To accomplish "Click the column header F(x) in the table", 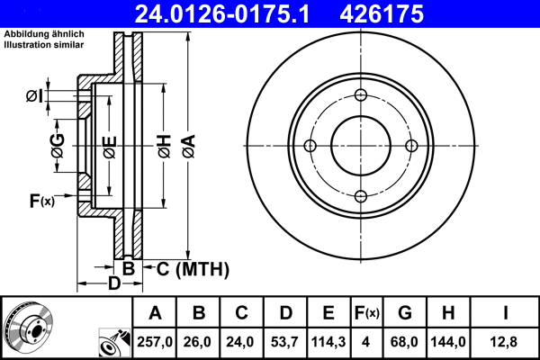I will (366, 313).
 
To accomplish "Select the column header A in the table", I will (155, 313).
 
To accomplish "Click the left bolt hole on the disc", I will (310, 147).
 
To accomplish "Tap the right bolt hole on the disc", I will (411, 147).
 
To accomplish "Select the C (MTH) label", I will (193, 269).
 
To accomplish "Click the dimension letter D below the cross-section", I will (114, 284).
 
